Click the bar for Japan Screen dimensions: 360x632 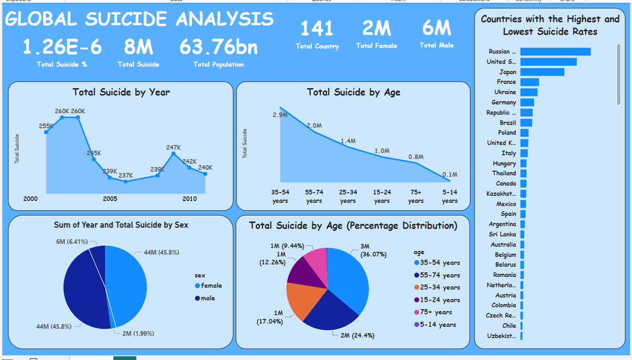[542, 72]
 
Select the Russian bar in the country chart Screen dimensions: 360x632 [555, 52]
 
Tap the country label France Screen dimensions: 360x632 [506, 82]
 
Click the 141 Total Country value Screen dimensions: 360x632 [317, 28]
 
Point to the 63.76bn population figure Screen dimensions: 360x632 [219, 47]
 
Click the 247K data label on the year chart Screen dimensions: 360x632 [174, 147]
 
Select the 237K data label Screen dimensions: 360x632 [126, 175]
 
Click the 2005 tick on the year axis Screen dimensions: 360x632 [110, 199]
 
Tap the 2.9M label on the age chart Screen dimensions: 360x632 [280, 114]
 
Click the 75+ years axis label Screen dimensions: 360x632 [416, 197]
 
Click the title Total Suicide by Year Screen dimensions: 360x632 [121, 92]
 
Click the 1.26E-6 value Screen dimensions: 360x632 [62, 47]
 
